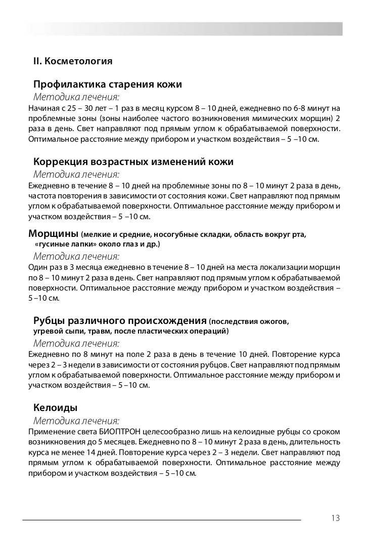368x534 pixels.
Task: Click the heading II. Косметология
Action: (x=72, y=62)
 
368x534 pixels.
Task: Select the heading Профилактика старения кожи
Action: (x=107, y=84)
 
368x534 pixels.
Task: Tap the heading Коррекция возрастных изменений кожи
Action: (x=133, y=162)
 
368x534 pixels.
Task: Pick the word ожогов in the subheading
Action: (x=273, y=321)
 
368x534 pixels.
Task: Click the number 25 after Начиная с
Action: (x=69, y=107)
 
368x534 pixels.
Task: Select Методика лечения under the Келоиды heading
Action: (x=76, y=421)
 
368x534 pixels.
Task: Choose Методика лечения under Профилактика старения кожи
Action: (x=76, y=96)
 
